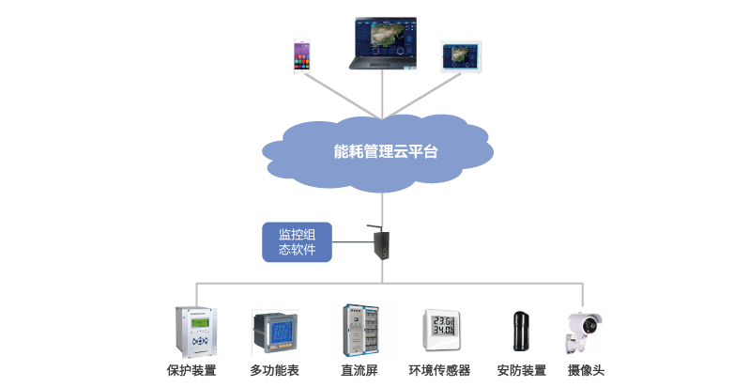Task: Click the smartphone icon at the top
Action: pos(302,55)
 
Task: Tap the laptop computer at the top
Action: pos(385,42)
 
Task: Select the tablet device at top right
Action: pos(460,55)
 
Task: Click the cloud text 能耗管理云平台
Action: pos(386,150)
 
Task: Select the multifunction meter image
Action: pos(275,333)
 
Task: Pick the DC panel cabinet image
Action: pos(359,330)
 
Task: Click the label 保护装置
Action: pos(191,371)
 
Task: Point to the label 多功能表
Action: pos(275,371)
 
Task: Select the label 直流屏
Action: pos(359,371)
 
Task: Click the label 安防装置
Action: pos(521,371)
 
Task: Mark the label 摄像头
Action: pos(583,371)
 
